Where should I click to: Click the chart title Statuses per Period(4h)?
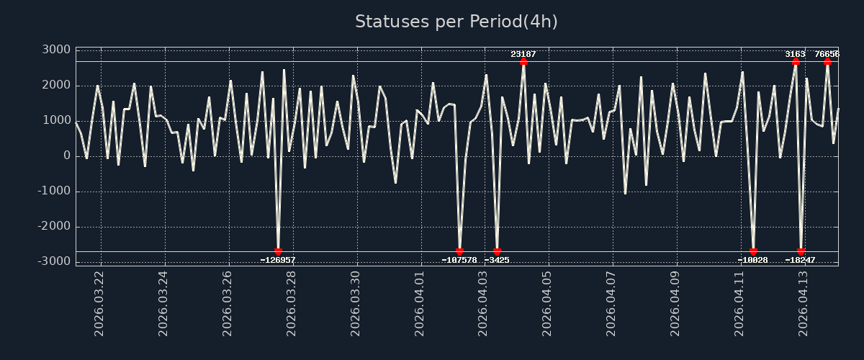456,22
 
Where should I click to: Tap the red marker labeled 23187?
523,61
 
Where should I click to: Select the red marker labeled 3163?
796,61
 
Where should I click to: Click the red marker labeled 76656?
827,61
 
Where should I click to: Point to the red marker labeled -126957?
279,251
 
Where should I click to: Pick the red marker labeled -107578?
459,251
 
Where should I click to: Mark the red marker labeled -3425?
497,251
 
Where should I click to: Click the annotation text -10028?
753,260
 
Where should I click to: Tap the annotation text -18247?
800,260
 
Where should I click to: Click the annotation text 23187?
523,54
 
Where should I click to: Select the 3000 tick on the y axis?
55,50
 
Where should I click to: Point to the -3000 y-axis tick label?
53,261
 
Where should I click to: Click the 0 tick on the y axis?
66,156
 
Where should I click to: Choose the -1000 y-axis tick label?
53,191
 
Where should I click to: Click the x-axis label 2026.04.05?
548,303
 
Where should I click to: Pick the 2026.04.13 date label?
804,303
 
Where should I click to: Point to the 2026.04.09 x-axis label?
676,303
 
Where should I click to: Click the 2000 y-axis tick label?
55,85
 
